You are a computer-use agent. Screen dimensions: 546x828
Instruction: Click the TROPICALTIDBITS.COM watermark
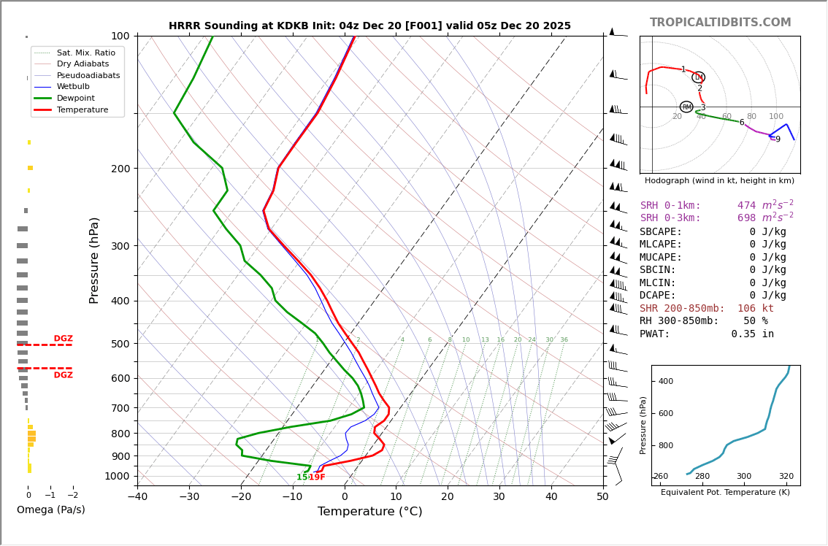(720, 23)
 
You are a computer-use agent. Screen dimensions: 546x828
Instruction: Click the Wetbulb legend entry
(72, 86)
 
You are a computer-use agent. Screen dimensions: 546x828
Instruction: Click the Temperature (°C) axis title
(369, 512)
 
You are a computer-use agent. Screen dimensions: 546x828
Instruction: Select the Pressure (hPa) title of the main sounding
(94, 260)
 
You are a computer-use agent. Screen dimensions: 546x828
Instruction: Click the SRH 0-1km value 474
(746, 206)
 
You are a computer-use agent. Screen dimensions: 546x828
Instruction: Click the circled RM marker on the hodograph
(686, 107)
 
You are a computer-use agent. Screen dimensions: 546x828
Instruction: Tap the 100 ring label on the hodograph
(775, 117)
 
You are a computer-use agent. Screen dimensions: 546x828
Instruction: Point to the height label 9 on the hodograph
(778, 139)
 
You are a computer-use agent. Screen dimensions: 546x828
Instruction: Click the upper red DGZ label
(63, 339)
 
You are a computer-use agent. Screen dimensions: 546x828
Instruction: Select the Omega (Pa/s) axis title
(50, 510)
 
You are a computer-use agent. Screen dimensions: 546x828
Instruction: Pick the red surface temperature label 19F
(317, 477)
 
